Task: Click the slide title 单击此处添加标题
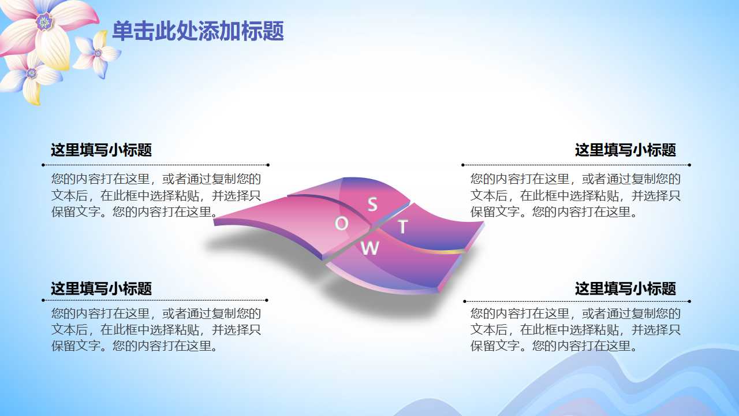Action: pos(197,31)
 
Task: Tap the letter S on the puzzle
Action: pos(372,204)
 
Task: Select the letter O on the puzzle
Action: pos(341,224)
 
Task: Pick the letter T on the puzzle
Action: pos(402,226)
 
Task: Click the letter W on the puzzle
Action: pos(369,248)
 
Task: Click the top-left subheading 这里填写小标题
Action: pos(101,150)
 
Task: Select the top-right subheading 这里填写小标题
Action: pos(625,150)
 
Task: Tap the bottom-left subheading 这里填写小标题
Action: pos(101,288)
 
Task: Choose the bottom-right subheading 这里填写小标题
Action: pos(625,288)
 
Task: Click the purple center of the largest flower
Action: pos(44,22)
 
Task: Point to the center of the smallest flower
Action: pos(98,54)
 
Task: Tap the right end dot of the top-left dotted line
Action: pos(268,165)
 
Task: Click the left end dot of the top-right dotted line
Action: pos(463,165)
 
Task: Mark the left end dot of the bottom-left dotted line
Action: pos(43,300)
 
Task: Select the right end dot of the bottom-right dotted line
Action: pos(689,301)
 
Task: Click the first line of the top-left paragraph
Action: pos(156,179)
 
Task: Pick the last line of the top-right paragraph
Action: pos(554,212)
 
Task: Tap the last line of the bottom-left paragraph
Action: pos(135,347)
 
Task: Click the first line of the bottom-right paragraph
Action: pos(576,314)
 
